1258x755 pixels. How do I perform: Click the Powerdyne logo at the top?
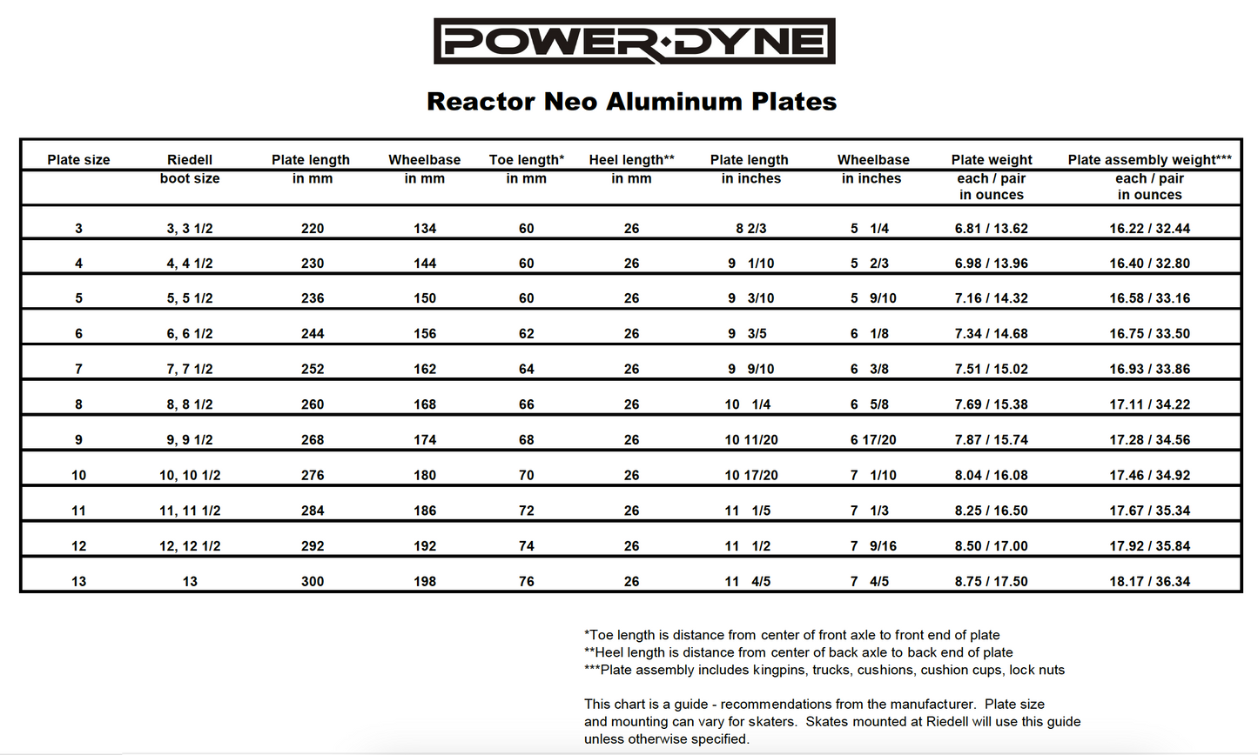pos(634,41)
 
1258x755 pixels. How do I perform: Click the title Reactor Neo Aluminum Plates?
pos(631,102)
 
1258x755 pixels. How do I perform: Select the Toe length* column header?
pos(526,160)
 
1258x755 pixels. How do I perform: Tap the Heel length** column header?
pos(631,160)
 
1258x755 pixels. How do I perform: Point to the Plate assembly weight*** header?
pos(1149,160)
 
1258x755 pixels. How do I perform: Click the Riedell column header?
pos(190,160)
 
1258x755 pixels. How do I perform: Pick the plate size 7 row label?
pos(78,369)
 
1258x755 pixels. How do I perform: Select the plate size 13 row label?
pos(78,582)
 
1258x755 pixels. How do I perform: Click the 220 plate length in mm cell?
pos(312,229)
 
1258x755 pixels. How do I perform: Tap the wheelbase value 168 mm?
pos(425,404)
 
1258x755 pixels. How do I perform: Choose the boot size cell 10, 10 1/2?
pos(190,476)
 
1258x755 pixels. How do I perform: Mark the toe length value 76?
pos(526,582)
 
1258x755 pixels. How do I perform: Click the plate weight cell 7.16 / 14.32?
pos(991,298)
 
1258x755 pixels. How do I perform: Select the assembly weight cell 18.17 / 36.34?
pos(1149,582)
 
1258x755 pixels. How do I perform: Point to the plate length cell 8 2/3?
pos(750,229)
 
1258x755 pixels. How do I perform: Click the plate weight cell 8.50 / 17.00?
pos(991,546)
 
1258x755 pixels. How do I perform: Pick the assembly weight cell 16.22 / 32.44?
pos(1149,229)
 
